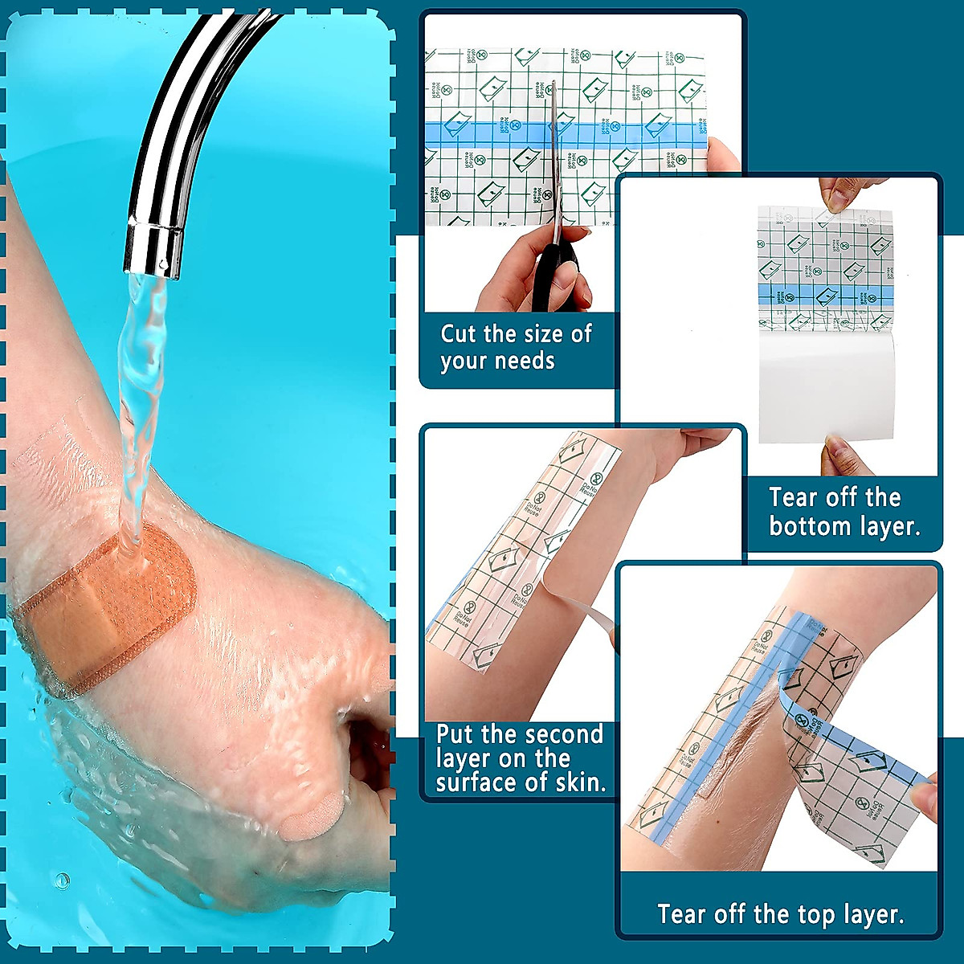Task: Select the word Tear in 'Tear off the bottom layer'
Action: click(x=792, y=498)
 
